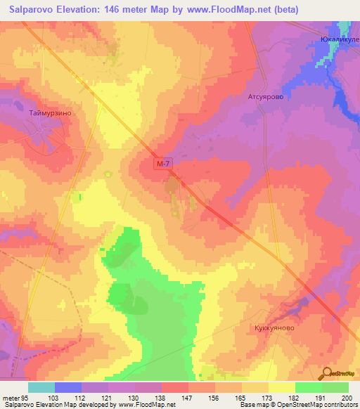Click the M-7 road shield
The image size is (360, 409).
(x=163, y=164)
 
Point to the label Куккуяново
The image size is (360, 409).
(x=272, y=327)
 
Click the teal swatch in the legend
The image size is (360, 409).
(x=41, y=387)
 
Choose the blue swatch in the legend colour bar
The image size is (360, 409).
(x=68, y=387)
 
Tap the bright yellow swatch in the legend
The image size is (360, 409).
(x=281, y=387)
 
